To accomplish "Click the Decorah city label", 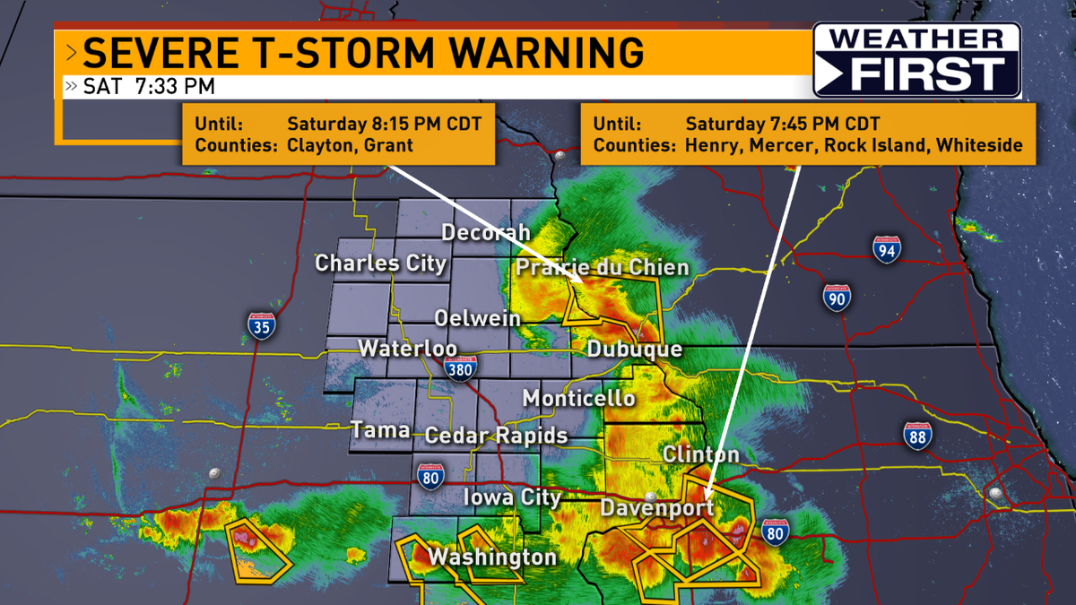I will pyautogui.click(x=486, y=232).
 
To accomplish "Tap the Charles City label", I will pyautogui.click(x=380, y=264).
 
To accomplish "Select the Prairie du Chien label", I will pyautogui.click(x=603, y=267).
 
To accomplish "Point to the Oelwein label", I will pyautogui.click(x=476, y=317).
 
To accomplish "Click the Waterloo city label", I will pyautogui.click(x=408, y=349).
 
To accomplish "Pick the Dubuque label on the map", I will pyautogui.click(x=635, y=350).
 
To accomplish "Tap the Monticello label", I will pyautogui.click(x=578, y=398).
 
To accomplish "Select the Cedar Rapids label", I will pyautogui.click(x=496, y=436).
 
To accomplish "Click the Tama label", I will pyautogui.click(x=380, y=430).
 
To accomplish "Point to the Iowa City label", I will pyautogui.click(x=512, y=497).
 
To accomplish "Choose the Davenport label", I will pyautogui.click(x=656, y=507).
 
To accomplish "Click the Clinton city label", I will pyautogui.click(x=700, y=454).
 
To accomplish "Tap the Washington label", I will pyautogui.click(x=491, y=557).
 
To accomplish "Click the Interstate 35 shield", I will pyautogui.click(x=261, y=326).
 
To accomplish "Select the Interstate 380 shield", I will pyautogui.click(x=459, y=368).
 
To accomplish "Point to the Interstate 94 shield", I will pyautogui.click(x=886, y=249).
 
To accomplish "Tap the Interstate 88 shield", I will pyautogui.click(x=917, y=436).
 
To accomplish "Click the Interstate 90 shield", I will pyautogui.click(x=837, y=297).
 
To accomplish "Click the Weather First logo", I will pyautogui.click(x=916, y=60).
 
